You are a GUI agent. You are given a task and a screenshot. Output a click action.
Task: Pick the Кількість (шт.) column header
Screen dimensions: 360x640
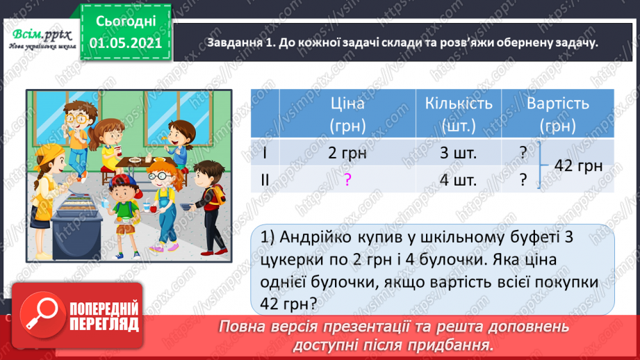point(458,115)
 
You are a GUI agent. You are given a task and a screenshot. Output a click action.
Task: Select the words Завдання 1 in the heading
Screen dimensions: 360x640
point(238,43)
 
